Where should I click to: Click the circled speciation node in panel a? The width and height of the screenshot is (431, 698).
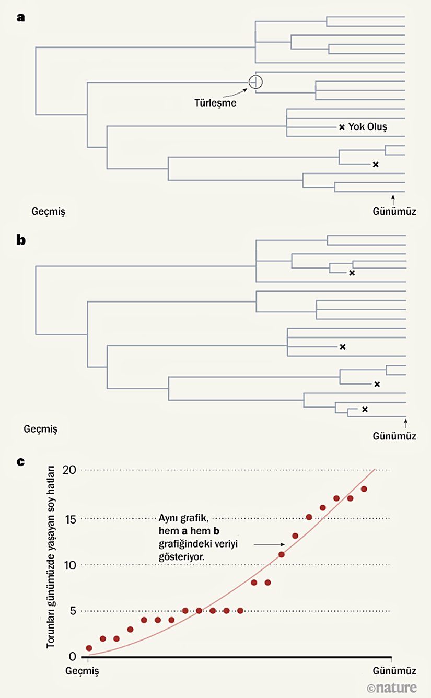pos(255,82)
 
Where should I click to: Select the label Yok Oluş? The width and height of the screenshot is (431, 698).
pos(367,127)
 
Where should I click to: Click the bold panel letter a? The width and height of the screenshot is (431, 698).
pos(21,17)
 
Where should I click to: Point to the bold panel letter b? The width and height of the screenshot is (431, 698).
pos(21,240)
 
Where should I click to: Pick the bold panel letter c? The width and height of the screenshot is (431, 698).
pos(20,461)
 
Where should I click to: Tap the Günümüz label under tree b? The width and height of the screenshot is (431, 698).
pos(394,435)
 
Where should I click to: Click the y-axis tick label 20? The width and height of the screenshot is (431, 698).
pos(69,470)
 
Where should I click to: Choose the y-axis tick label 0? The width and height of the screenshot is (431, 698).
pos(73,657)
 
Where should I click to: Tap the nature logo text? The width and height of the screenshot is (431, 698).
pos(392,688)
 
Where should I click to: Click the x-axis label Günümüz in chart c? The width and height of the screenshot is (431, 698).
pos(394,670)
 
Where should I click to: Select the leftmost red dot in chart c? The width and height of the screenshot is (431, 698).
pos(89,648)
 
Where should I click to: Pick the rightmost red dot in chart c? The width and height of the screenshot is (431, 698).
pos(364,489)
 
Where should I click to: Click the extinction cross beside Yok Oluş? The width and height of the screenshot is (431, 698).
pos(342,127)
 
